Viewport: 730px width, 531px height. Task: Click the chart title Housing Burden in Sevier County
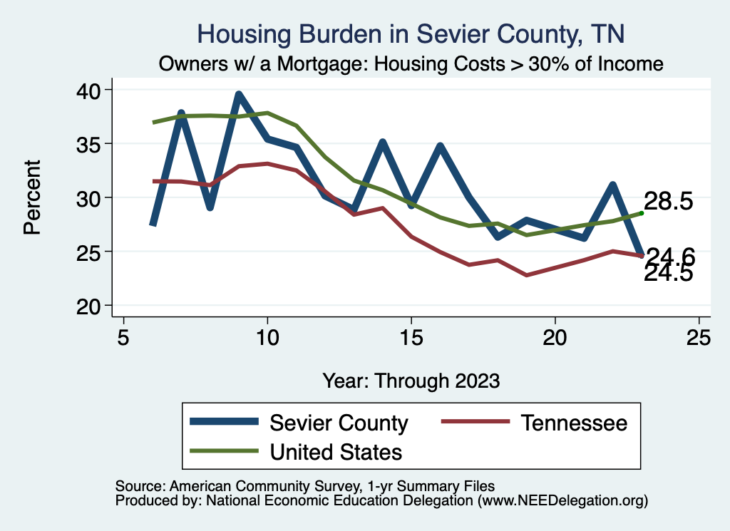click(410, 34)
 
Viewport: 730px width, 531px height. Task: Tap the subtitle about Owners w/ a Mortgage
click(411, 64)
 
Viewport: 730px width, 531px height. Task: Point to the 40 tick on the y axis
click(94, 90)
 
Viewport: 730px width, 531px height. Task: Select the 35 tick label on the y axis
click(94, 144)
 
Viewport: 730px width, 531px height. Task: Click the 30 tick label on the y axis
click(94, 197)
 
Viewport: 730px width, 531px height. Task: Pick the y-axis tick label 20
click(94, 306)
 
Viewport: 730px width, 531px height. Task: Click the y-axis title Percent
click(32, 197)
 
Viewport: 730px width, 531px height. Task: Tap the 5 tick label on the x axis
click(123, 336)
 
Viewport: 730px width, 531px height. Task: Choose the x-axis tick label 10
click(267, 336)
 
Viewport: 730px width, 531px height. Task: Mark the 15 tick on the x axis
click(411, 336)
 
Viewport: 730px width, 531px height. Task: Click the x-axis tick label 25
click(699, 336)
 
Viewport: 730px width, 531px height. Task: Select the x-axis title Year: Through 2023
click(411, 381)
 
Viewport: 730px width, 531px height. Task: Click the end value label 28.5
click(669, 202)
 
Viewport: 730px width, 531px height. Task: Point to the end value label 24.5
click(669, 274)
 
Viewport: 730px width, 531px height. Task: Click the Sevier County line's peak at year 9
click(239, 94)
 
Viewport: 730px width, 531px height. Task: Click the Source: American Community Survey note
click(300, 486)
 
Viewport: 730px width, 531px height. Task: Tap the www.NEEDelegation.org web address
click(562, 501)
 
